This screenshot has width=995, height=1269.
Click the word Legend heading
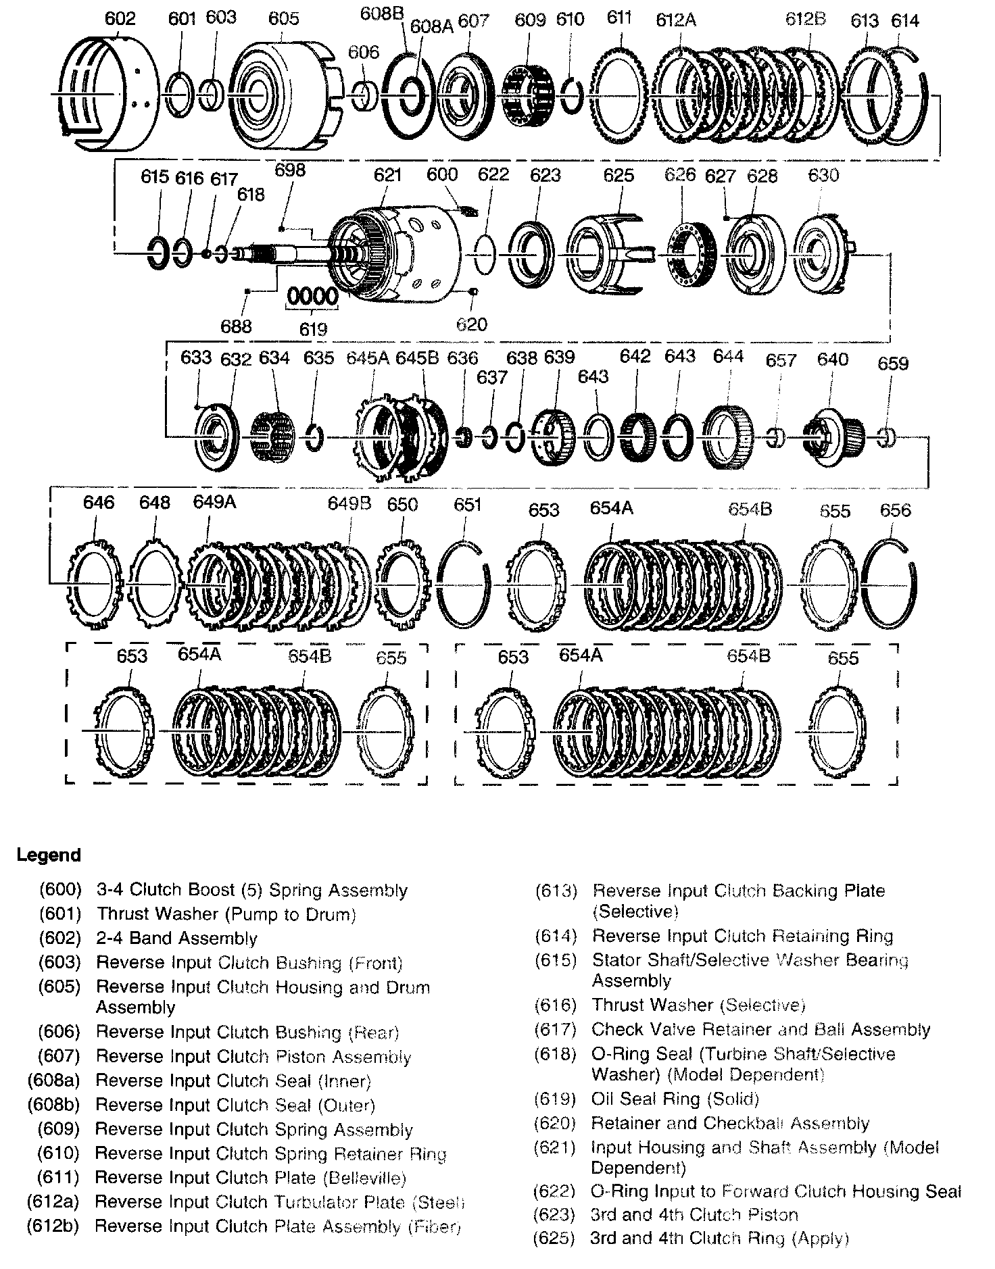[49, 855]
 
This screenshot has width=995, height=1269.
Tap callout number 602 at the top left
[120, 18]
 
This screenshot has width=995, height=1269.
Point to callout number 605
[283, 18]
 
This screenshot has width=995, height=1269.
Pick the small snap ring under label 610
[572, 95]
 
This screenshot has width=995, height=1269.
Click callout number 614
[905, 21]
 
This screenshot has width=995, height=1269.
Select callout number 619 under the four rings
[313, 329]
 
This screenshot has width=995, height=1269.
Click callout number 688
[236, 326]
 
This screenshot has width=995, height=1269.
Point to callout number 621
[388, 175]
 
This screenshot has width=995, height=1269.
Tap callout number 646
[99, 502]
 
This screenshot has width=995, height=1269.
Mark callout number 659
[893, 364]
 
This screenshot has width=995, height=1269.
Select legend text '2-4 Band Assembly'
[177, 938]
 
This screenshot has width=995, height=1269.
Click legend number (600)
[60, 890]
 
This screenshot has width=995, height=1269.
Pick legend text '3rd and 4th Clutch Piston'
[695, 1214]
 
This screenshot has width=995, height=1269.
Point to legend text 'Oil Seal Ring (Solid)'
[675, 1099]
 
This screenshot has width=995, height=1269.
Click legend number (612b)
[53, 1226]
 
